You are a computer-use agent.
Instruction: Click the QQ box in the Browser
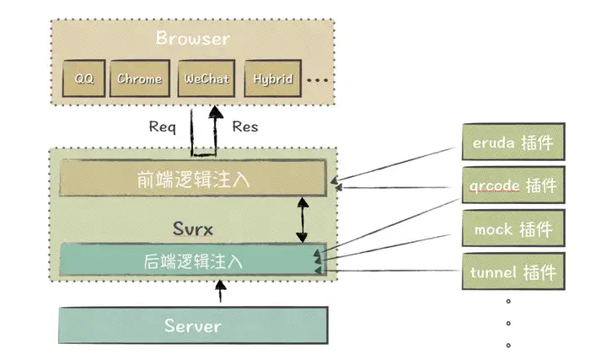click(x=84, y=80)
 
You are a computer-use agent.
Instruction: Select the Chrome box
click(x=139, y=80)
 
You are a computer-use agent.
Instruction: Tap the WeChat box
click(x=203, y=80)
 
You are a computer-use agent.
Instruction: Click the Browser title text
click(x=192, y=38)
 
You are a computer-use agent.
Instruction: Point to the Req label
click(x=162, y=127)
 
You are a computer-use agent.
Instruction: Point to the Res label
click(x=244, y=127)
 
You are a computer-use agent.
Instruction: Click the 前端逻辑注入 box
click(x=193, y=180)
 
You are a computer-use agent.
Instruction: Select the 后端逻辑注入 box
click(x=193, y=261)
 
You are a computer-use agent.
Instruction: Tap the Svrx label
click(x=192, y=227)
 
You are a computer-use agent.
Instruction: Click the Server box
click(x=192, y=325)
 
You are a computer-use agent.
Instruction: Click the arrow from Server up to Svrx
click(x=220, y=292)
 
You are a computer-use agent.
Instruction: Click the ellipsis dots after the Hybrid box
click(x=318, y=81)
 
